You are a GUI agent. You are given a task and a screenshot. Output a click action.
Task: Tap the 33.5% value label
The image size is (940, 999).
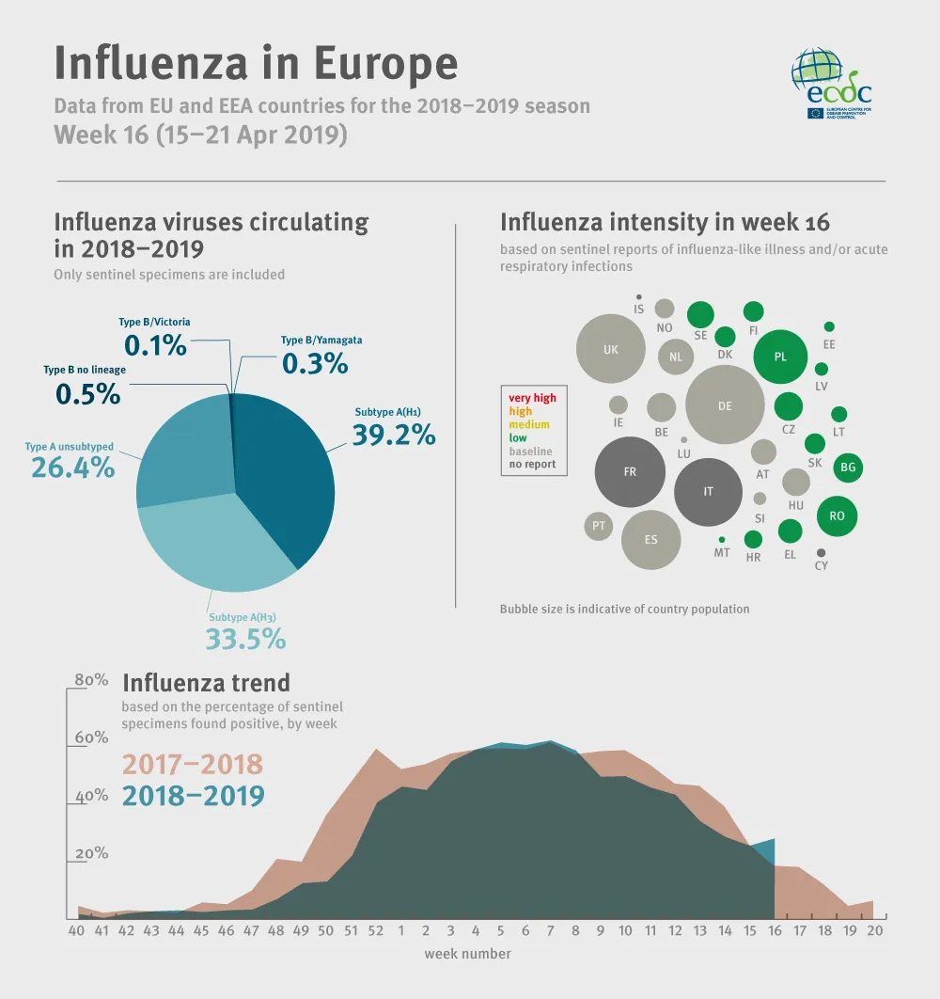(x=245, y=639)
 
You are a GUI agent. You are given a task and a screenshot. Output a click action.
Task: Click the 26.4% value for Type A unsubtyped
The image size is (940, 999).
(x=73, y=467)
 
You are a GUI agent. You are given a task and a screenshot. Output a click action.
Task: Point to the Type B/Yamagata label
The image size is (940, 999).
(x=321, y=341)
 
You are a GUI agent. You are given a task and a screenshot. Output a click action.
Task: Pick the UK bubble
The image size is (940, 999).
(x=611, y=349)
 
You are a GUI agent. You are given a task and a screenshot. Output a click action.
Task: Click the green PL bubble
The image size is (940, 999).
(x=780, y=357)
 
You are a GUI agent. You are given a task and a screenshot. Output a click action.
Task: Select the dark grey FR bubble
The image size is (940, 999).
(x=630, y=472)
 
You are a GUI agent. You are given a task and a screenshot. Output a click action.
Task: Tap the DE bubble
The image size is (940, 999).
(x=724, y=405)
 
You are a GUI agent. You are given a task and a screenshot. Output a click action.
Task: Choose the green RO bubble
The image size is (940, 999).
(x=837, y=515)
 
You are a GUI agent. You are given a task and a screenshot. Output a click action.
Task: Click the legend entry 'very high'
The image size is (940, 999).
(x=532, y=398)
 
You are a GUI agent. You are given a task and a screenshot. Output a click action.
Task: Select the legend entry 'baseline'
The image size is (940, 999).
(x=530, y=452)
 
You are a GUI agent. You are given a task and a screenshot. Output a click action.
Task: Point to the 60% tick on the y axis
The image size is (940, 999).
(x=91, y=737)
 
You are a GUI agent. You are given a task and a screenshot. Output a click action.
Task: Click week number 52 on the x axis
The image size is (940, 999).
(x=376, y=931)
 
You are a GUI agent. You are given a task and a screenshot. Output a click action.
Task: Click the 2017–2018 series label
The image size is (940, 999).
(x=193, y=765)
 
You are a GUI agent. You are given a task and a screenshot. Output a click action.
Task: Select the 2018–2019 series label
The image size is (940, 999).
(x=193, y=796)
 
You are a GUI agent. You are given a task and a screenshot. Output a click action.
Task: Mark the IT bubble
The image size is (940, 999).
(x=709, y=492)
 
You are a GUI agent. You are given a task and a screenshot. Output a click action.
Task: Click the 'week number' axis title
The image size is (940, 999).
(x=467, y=954)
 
